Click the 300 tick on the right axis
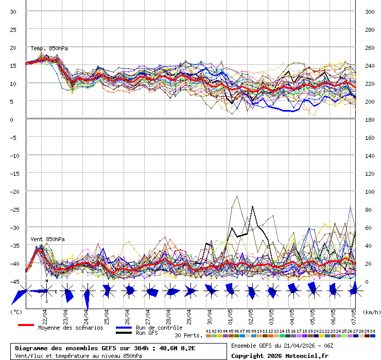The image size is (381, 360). click(369, 12)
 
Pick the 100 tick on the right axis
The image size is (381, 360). click(369, 192)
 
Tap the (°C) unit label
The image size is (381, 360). click(16, 312)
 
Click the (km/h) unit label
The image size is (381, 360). click(371, 312)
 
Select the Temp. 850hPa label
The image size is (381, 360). click(49, 48)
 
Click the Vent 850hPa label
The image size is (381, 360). click(47, 239)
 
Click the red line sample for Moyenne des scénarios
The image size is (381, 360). click(26, 326)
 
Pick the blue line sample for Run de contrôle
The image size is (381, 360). click(124, 328)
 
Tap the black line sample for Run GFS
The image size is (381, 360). click(124, 333)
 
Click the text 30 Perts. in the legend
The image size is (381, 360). click(188, 335)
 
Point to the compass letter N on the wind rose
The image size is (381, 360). click(47, 281)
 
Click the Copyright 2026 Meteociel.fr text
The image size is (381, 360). click(280, 355)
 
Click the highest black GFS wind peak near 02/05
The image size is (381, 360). click(252, 206)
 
